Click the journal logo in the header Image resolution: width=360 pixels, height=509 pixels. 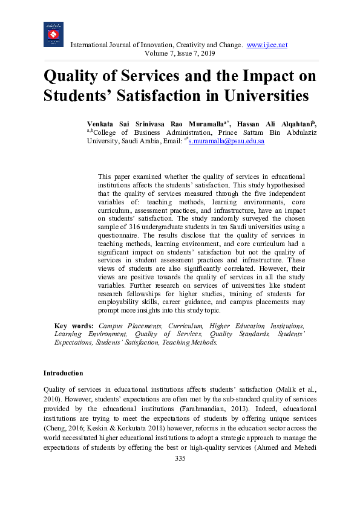pos(53,34)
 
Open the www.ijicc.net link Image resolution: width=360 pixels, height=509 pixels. pos(267,45)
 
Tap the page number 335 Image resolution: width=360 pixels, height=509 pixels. pos(180,459)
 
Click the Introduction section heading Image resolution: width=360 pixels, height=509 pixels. pos(64,373)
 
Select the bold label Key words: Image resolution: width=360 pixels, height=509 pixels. pos(74,325)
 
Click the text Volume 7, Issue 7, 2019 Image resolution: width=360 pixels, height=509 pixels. pos(180,54)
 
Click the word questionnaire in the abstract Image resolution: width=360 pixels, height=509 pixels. pos(122,236)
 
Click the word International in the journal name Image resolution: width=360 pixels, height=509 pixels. pos(93,45)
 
